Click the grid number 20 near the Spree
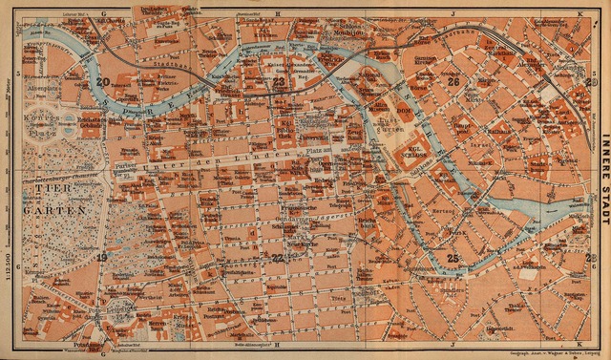click(101, 82)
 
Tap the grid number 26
click(453, 82)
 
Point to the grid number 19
click(101, 257)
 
